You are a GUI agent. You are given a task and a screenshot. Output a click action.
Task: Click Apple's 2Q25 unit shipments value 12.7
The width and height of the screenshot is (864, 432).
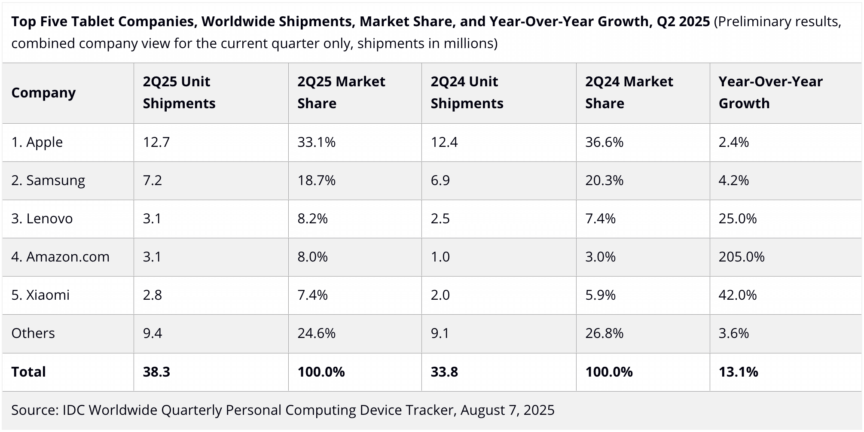pos(156,142)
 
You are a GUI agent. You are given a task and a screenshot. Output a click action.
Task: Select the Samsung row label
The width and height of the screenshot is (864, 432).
pos(48,180)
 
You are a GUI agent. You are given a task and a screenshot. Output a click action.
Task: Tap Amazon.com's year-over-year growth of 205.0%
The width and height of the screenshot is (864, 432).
pos(742,257)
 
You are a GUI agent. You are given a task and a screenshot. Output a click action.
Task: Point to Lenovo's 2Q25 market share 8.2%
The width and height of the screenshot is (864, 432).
pos(312,219)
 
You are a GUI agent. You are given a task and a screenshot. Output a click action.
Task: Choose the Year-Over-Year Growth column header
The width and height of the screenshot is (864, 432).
pos(770,92)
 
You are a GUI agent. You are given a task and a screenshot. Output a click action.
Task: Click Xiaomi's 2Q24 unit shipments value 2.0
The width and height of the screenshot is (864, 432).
pos(440,295)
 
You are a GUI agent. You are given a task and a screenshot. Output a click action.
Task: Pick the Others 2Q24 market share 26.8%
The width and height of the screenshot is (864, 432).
pos(604,333)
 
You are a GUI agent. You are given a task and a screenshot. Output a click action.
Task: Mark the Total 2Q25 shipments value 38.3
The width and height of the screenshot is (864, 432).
pos(156,372)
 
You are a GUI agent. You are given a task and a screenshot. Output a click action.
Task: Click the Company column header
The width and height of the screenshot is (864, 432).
pos(43,93)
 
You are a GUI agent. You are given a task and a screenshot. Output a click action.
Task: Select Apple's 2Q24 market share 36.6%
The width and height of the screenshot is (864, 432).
pos(604,142)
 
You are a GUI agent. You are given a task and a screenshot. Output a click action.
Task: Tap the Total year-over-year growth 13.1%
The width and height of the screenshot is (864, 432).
pos(738,372)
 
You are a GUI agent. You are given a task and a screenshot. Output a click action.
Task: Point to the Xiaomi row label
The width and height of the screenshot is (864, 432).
pos(40,295)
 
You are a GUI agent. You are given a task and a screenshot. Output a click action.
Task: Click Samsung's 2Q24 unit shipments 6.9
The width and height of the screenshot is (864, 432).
pos(440,180)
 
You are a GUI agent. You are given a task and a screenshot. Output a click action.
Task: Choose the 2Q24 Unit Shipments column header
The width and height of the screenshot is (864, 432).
pos(467,92)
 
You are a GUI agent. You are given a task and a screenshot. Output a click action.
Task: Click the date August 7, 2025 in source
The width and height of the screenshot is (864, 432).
pos(507,410)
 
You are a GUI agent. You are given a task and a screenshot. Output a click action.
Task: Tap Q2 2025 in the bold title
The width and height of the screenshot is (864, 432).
pos(683,21)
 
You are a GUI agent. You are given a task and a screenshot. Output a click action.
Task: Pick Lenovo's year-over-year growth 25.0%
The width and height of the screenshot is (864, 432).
pos(738,219)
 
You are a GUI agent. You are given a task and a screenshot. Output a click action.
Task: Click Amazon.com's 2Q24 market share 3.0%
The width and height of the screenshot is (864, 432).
pos(600,257)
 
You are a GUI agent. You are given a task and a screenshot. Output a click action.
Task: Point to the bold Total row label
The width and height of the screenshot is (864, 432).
pos(28,372)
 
